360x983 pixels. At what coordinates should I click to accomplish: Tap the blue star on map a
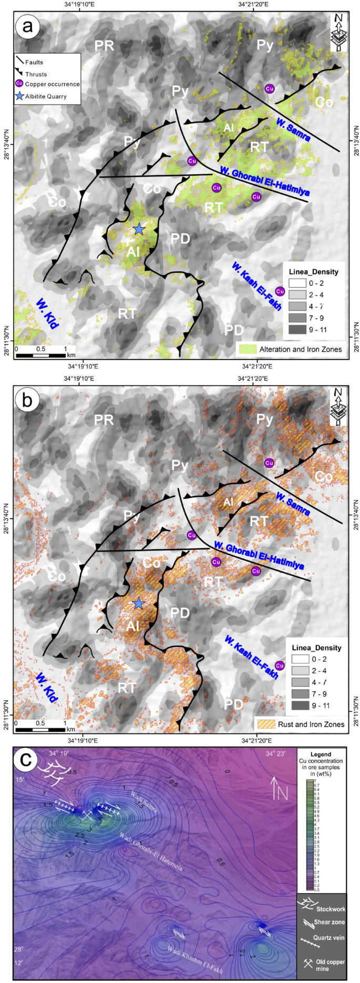[138, 229]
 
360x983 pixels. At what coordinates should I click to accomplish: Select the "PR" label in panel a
[104, 46]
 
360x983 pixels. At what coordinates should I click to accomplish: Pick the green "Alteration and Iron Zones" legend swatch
[247, 349]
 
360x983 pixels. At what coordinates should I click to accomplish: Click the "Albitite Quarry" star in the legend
[20, 96]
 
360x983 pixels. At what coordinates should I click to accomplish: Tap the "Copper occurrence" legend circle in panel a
[19, 84]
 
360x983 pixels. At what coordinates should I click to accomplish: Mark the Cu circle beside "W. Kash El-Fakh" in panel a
[280, 292]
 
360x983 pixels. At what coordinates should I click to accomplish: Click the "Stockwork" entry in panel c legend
[322, 908]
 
